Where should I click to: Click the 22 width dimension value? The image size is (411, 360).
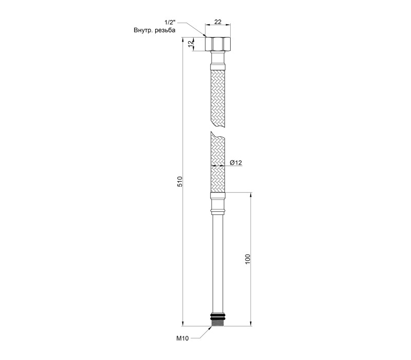pyautogui.click(x=218, y=22)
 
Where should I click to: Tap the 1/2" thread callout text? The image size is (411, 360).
pyautogui.click(x=170, y=23)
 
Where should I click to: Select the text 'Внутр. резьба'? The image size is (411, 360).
pyautogui.click(x=155, y=30)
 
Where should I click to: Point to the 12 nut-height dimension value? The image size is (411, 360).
pyautogui.click(x=191, y=44)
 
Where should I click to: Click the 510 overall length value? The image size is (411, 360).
pyautogui.click(x=180, y=182)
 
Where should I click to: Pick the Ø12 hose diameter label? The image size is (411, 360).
pyautogui.click(x=236, y=163)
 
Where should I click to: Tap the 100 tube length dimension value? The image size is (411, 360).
pyautogui.click(x=248, y=259)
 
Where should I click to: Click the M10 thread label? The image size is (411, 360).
pyautogui.click(x=182, y=338)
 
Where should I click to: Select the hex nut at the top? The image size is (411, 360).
pyautogui.click(x=218, y=44)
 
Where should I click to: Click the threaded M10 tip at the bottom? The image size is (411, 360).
pyautogui.click(x=218, y=322)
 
